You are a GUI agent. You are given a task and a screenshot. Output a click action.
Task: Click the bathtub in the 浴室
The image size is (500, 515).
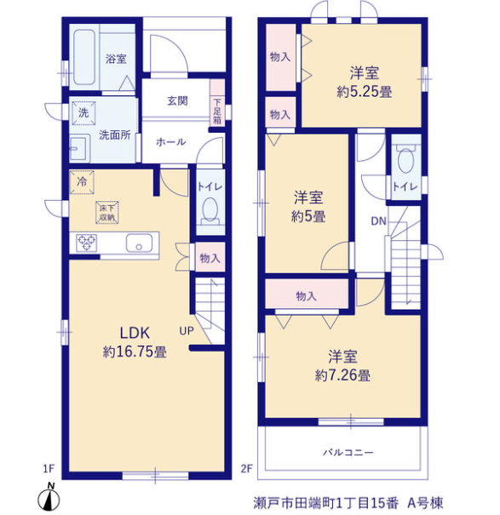pyautogui.click(x=84, y=57)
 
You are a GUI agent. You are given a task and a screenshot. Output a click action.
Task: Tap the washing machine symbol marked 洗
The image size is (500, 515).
pyautogui.click(x=83, y=113)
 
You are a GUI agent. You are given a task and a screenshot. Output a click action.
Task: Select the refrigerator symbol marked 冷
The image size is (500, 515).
pyautogui.click(x=82, y=181)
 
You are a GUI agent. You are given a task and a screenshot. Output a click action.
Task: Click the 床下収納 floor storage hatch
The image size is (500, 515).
pyautogui.click(x=107, y=213)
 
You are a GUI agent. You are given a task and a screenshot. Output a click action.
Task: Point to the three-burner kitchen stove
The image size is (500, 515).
pyautogui.click(x=86, y=243)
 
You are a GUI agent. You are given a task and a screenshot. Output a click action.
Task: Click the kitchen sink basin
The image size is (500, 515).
pyautogui.click(x=139, y=243)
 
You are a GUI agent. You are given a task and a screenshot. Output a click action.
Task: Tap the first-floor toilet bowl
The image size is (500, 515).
pyautogui.click(x=210, y=211)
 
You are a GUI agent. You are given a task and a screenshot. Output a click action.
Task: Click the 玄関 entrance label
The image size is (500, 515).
pyautogui.click(x=177, y=100)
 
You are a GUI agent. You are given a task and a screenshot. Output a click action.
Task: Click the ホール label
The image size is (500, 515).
pyautogui.click(x=171, y=142)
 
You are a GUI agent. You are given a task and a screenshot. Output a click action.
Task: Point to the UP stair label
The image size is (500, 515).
pyautogui.click(x=187, y=331)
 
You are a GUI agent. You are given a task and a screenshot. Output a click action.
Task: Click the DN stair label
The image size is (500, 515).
pyautogui.click(x=378, y=221)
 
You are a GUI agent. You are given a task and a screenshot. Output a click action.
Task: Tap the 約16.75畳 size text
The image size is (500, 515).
pyautogui.click(x=135, y=352)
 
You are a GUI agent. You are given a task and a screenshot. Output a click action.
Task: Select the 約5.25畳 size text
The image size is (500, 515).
pyautogui.click(x=365, y=92)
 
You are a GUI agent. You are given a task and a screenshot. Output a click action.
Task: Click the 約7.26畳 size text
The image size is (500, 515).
pyautogui.click(x=342, y=375)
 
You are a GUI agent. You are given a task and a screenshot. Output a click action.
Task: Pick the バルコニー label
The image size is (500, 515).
pyautogui.click(x=348, y=453)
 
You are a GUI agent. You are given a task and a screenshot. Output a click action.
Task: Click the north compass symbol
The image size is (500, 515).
pyautogui.click(x=49, y=497)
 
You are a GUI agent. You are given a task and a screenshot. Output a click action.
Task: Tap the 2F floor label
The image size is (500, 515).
pyautogui.click(x=247, y=469)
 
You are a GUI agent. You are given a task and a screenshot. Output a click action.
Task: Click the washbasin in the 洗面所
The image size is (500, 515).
pyautogui.click(x=79, y=148)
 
